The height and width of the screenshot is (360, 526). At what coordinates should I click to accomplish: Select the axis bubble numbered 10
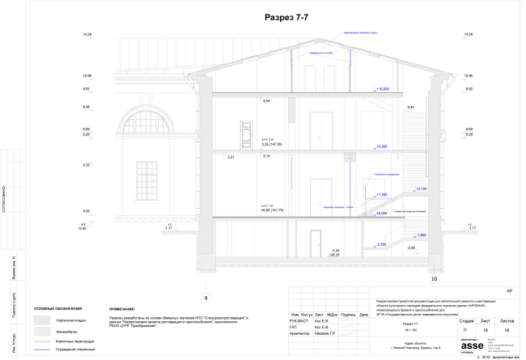[433, 279]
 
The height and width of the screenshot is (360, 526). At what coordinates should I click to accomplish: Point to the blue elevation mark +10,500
[383, 88]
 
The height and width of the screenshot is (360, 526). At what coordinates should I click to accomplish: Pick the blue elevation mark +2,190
[420, 188]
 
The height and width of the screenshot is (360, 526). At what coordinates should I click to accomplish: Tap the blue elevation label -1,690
[420, 235]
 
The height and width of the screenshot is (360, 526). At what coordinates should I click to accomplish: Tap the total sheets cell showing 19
[506, 331]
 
